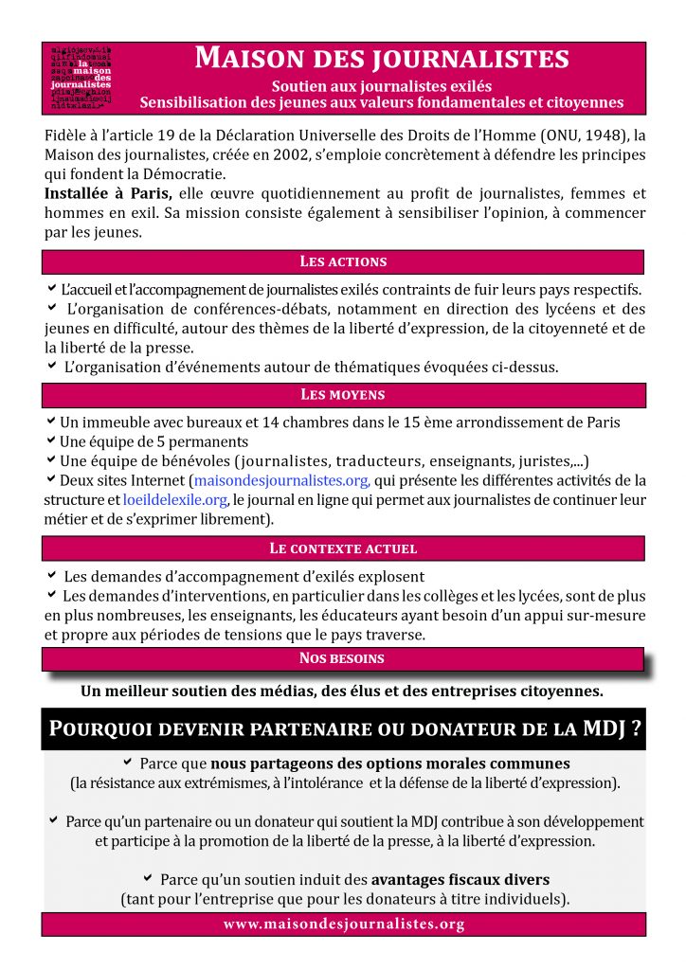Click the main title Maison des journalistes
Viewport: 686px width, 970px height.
[381, 59]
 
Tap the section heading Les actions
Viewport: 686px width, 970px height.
[343, 261]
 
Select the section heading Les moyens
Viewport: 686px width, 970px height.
[343, 394]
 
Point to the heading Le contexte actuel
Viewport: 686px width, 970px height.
[343, 548]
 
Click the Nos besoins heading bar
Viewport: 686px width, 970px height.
[343, 658]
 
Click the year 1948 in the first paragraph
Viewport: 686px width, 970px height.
[600, 134]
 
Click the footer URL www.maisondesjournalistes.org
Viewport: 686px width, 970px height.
[343, 924]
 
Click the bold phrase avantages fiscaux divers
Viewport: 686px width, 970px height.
[460, 878]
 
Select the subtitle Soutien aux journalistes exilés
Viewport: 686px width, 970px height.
[381, 85]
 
